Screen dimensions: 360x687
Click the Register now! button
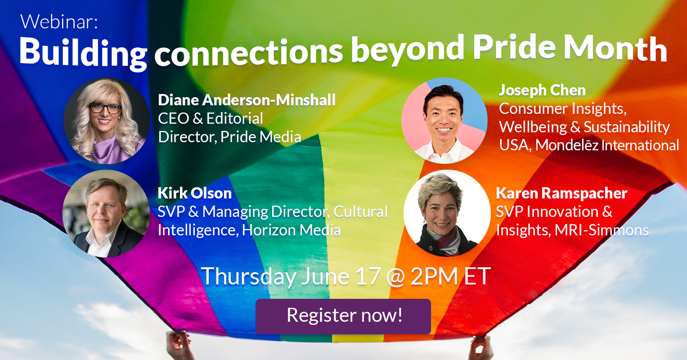(343, 316)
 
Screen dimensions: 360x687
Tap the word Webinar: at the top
(59, 22)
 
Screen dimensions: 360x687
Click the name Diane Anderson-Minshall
(247, 100)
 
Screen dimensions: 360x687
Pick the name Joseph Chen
(542, 90)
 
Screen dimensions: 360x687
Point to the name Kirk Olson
(195, 193)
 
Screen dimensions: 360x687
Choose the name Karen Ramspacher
(561, 193)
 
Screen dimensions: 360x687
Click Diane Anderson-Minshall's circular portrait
(107, 121)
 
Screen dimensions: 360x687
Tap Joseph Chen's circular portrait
(444, 121)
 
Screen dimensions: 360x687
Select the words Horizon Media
(291, 230)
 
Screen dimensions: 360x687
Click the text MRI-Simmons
(602, 230)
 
